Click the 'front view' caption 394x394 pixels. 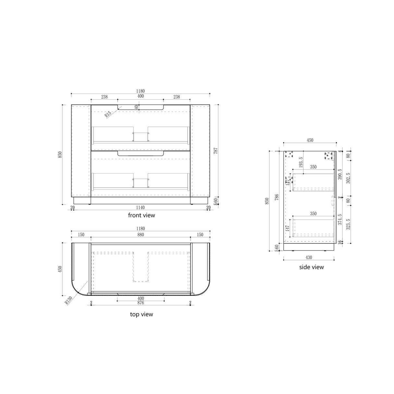(142, 215)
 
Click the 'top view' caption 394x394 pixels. (142, 314)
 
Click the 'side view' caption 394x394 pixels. (311, 267)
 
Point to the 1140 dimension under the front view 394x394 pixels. (140, 208)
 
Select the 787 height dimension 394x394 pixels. (216, 151)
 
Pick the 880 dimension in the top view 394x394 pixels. (140, 235)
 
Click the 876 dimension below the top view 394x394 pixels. (140, 302)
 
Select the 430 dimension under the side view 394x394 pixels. (309, 257)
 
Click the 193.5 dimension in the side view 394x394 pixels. (301, 162)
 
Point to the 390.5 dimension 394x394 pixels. (340, 174)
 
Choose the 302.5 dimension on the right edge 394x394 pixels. (349, 177)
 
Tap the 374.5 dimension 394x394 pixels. (340, 219)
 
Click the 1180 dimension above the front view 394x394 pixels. (140, 91)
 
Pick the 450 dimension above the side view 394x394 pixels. (310, 140)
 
